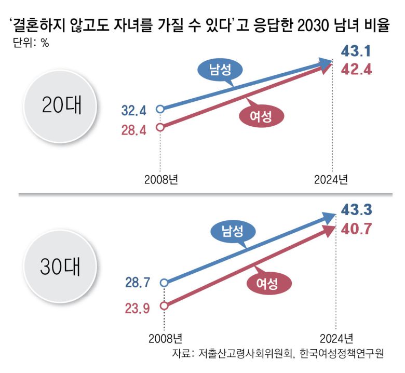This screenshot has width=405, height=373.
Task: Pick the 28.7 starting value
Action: [x=138, y=283]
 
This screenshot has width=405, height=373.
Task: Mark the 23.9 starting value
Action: [x=138, y=308]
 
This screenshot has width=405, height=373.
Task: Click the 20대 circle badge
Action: [x=62, y=105]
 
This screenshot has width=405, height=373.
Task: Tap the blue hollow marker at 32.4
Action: [x=160, y=109]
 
